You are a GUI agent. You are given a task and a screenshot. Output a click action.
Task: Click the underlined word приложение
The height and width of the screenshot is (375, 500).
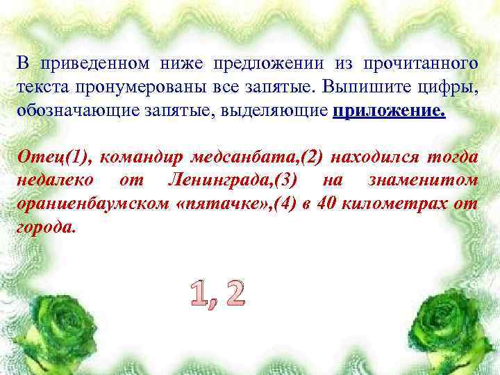click(x=389, y=111)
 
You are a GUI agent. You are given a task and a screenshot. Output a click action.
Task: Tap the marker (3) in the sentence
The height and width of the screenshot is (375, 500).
click(x=287, y=181)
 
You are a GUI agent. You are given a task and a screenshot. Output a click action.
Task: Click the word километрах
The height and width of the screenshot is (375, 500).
click(x=399, y=205)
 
